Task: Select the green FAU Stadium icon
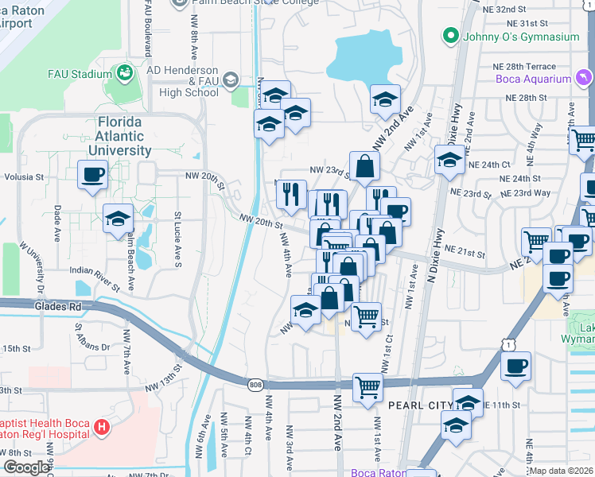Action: tap(125, 74)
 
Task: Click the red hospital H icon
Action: tap(101, 428)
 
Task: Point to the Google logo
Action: tap(25, 467)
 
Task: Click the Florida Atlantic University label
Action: tap(119, 136)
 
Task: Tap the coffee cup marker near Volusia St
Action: tap(92, 173)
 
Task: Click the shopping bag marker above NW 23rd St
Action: tap(364, 166)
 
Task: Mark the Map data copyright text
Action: tap(562, 471)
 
